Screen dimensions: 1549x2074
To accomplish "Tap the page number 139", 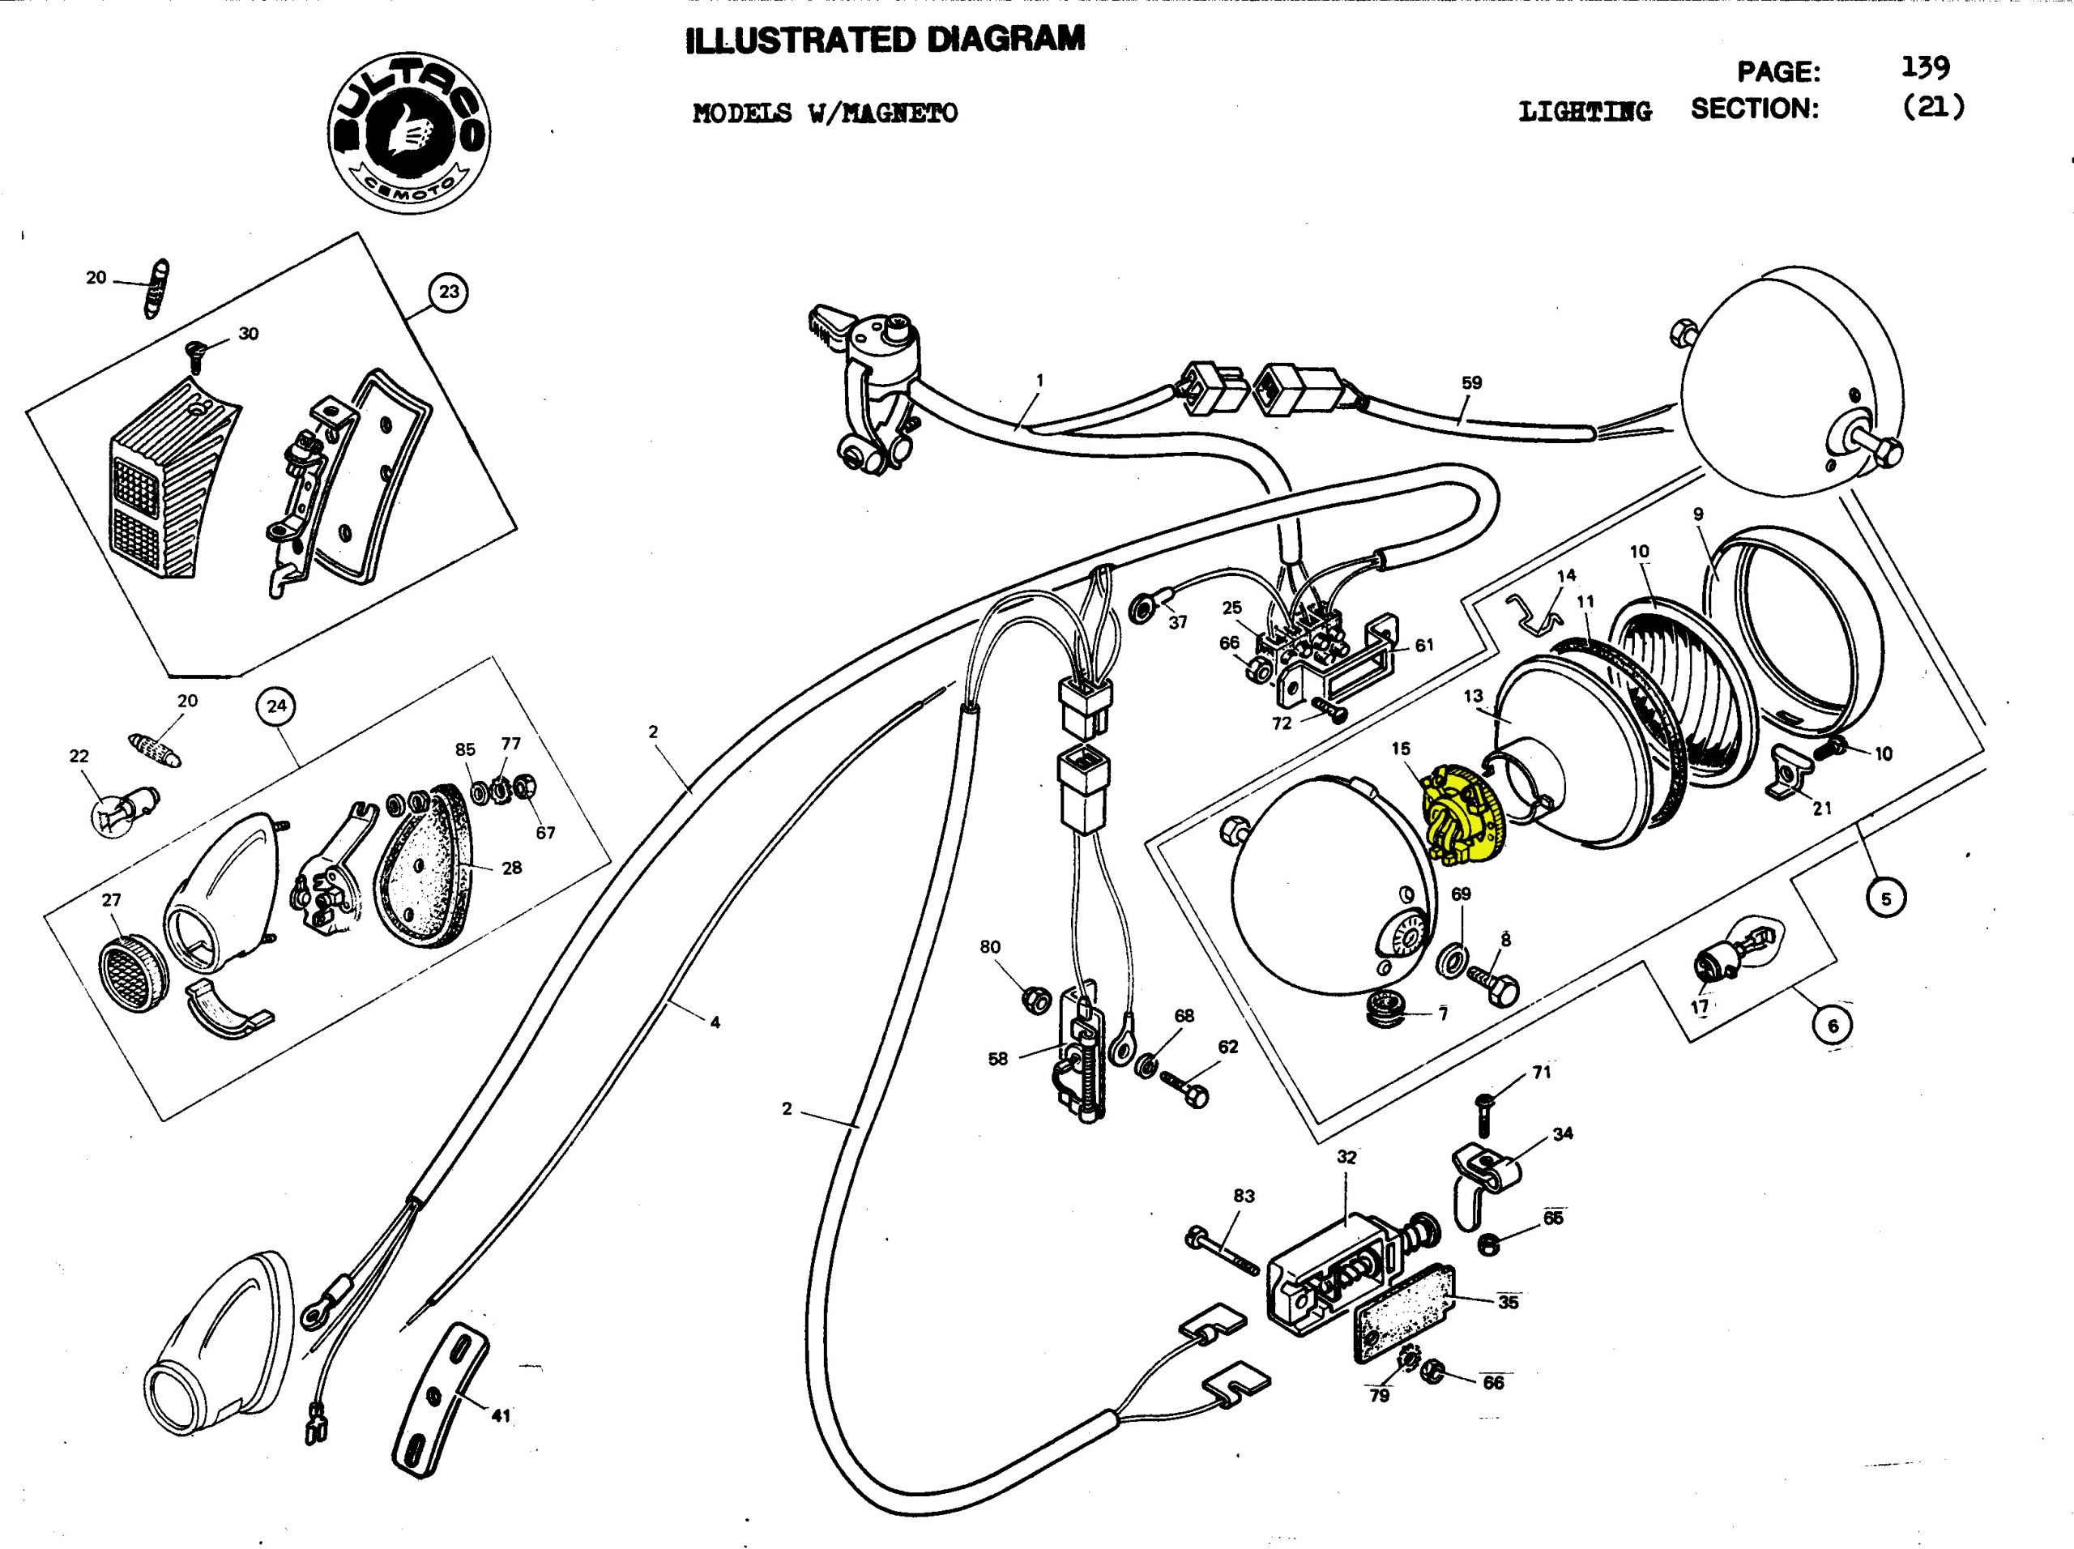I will tap(1926, 67).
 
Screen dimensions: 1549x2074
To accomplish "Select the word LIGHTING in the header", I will tap(1585, 112).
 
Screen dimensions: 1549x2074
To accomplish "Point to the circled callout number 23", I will tap(449, 292).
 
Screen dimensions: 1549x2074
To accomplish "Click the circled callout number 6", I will tap(1833, 1026).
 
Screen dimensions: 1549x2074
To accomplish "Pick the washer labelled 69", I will tap(1453, 961).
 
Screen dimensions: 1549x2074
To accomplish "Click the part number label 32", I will tap(1346, 1157).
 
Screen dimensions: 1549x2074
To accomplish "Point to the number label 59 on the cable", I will tap(1471, 382).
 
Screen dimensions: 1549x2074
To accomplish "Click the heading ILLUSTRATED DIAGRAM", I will tap(886, 40).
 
